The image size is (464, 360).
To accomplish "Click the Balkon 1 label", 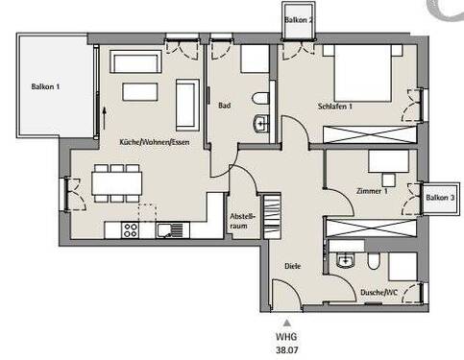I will click(45, 86).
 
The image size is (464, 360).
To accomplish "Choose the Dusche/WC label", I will click(379, 291).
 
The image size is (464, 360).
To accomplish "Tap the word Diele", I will click(293, 266).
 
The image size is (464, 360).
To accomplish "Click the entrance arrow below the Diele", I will click(285, 323).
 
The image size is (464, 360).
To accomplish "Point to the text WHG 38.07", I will click(285, 343).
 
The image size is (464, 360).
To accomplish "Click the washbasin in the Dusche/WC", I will click(347, 260).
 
